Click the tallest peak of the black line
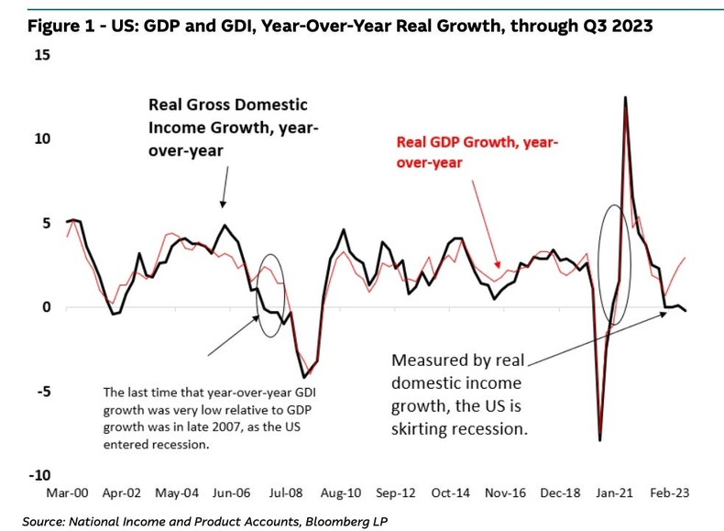(x=625, y=96)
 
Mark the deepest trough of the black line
(x=600, y=440)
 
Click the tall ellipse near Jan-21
(x=613, y=265)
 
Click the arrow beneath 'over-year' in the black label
(x=224, y=188)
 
